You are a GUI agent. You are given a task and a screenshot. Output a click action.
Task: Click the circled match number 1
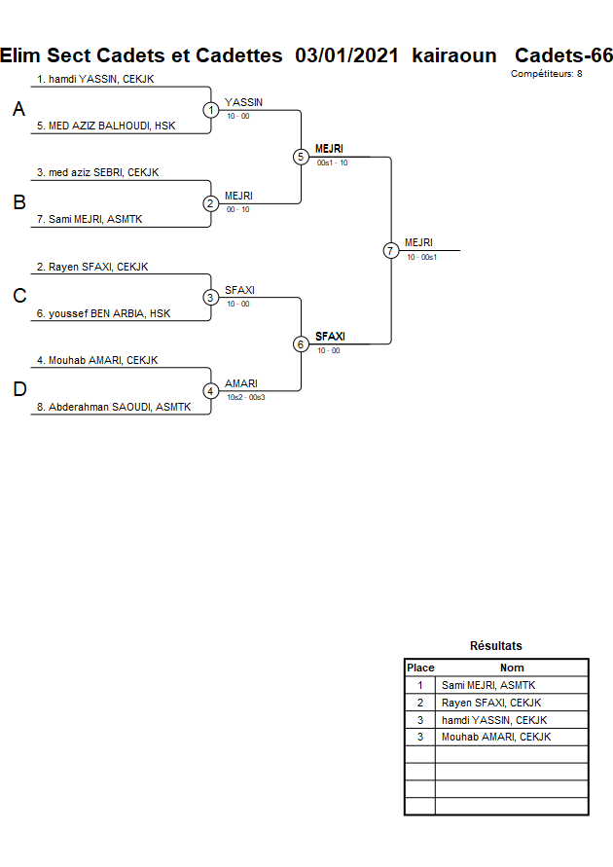click(211, 110)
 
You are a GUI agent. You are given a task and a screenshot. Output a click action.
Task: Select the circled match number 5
click(301, 157)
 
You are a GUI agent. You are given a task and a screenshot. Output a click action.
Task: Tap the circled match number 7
click(391, 250)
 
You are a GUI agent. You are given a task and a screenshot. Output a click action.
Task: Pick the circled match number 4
click(211, 391)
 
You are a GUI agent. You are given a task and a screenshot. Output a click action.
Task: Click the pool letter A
click(18, 111)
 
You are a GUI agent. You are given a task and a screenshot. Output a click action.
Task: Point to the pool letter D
click(18, 390)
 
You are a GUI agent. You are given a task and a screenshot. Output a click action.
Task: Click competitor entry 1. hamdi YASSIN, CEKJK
click(95, 79)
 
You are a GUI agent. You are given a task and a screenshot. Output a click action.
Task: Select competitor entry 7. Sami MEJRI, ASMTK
click(90, 219)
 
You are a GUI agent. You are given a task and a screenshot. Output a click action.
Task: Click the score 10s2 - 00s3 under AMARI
click(245, 397)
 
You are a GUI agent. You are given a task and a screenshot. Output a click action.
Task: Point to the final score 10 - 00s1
click(422, 257)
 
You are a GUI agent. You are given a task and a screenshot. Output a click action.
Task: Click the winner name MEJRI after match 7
click(418, 242)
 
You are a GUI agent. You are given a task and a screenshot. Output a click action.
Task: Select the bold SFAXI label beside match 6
click(330, 336)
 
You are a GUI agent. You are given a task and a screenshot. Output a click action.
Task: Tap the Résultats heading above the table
click(495, 646)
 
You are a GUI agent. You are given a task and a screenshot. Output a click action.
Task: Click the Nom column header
click(512, 668)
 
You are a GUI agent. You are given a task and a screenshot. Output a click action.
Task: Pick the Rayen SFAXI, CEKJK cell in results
click(490, 703)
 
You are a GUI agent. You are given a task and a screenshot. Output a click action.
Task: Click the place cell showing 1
click(420, 685)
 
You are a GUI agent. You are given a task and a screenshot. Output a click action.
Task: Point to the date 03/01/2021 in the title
click(346, 55)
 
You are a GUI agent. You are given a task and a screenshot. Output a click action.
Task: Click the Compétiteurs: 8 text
click(546, 74)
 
